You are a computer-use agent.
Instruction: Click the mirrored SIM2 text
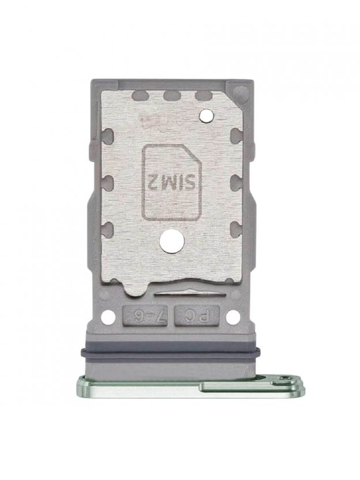(x=172, y=182)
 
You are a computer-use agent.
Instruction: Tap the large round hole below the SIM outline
(x=172, y=241)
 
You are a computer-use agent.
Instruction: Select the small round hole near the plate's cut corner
(x=206, y=116)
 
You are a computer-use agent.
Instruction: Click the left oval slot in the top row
(x=141, y=96)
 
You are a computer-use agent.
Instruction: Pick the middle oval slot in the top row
(x=171, y=96)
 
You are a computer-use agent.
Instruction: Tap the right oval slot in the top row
(x=204, y=96)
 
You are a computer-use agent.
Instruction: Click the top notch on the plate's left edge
(x=107, y=136)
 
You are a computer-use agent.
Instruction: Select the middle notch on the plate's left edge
(x=107, y=182)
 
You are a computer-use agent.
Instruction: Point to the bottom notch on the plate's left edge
(x=107, y=229)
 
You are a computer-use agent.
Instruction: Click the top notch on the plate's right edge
(x=237, y=136)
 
